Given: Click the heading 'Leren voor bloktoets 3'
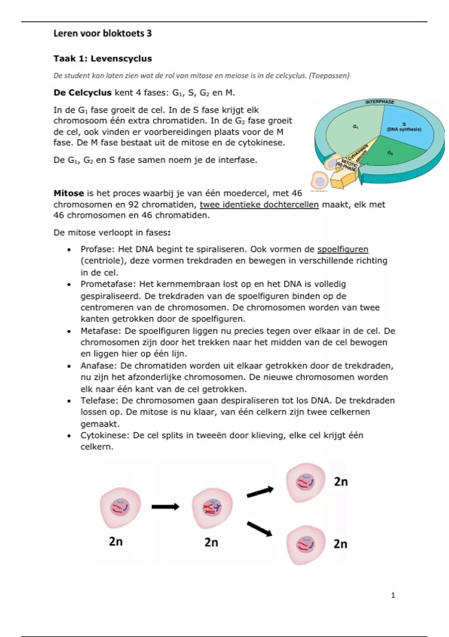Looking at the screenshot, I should coord(103,33).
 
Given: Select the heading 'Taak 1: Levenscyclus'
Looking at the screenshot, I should coord(103,58).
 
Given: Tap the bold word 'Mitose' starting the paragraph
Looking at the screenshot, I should coord(68,193).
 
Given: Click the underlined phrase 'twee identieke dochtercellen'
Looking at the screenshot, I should coord(259,205).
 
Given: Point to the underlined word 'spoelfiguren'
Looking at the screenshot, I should coord(343,249).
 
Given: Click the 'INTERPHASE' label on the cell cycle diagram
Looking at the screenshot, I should coord(379,102).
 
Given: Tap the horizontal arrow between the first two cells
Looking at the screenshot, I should coord(165,507).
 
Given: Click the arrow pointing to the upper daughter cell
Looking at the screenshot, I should coord(260,492).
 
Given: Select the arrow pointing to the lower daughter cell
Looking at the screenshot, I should coord(259,529).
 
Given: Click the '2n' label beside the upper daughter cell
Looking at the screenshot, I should coord(340,481).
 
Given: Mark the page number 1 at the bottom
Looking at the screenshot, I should coord(393,595).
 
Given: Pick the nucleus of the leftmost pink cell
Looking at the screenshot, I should coord(120,507).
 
